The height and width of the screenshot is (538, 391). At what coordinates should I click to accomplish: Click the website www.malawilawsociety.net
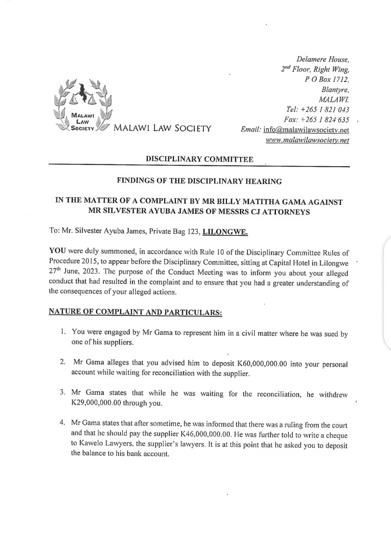click(307, 140)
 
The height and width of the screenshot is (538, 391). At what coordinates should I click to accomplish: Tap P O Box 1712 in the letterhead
click(327, 79)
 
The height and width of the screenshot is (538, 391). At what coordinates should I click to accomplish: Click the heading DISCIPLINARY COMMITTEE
click(199, 159)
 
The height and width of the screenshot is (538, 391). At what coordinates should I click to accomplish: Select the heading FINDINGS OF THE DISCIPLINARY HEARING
click(199, 181)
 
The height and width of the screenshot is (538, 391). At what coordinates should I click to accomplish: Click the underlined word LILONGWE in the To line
click(225, 231)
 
